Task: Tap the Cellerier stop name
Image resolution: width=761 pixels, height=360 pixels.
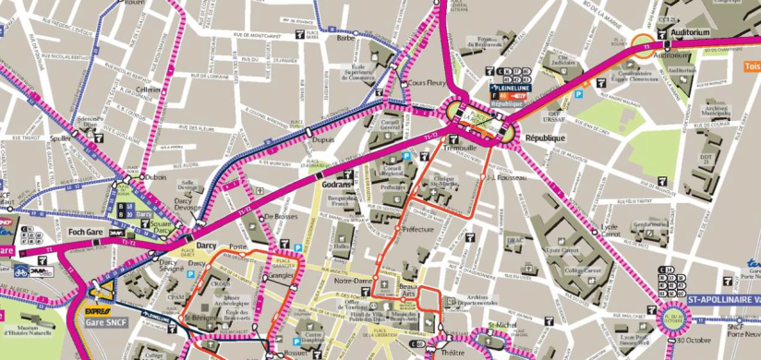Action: click(x=148, y=90)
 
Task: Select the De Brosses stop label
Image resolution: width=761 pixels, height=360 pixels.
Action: click(x=279, y=217)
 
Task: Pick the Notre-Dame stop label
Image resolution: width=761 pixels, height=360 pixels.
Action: click(x=352, y=280)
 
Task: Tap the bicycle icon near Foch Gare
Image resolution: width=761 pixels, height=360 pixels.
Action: click(x=20, y=271)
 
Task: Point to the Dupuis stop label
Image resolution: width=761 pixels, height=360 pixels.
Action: click(x=322, y=140)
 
